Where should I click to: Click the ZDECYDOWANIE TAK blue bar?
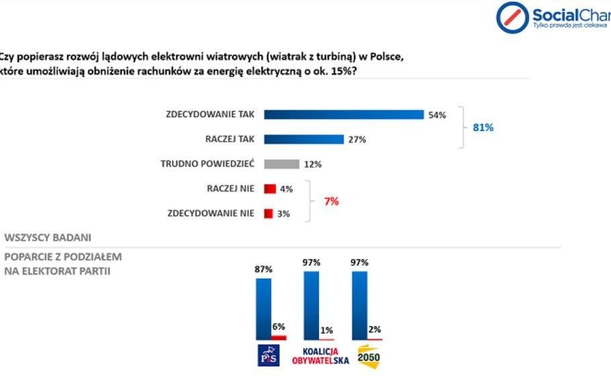(x=343, y=114)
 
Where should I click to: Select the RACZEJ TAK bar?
(x=304, y=139)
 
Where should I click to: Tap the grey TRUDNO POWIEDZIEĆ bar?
(x=281, y=164)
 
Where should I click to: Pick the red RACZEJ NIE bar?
(x=270, y=189)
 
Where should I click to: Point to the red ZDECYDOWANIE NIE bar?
(x=268, y=213)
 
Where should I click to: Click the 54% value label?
(x=437, y=115)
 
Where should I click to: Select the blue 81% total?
(x=483, y=127)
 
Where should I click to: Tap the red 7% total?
(x=331, y=201)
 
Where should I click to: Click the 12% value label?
(x=313, y=164)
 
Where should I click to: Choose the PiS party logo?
(x=269, y=356)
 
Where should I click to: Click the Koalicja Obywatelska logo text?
(x=316, y=356)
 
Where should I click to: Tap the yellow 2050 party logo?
(x=369, y=356)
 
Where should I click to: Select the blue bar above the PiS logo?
(x=263, y=308)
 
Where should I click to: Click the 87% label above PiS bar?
(x=263, y=269)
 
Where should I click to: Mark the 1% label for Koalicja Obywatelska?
(x=327, y=330)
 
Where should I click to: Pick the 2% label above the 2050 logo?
(x=375, y=329)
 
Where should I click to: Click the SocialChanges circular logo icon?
(x=512, y=17)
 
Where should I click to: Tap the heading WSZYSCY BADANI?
(x=48, y=238)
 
